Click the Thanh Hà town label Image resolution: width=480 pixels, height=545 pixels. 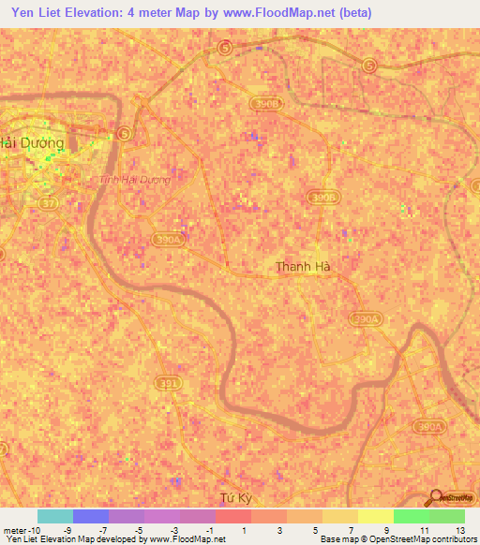coord(303,267)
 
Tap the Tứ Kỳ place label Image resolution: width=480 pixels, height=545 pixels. coord(234,499)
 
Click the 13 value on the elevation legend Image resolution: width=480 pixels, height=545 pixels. coord(460,530)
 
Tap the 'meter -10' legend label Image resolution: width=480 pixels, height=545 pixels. coord(22,530)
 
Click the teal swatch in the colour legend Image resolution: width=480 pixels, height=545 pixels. coord(55,516)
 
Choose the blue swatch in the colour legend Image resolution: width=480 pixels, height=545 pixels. coord(91,516)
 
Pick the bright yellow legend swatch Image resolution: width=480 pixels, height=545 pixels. coord(375,516)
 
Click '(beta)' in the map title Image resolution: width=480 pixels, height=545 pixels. coord(355,13)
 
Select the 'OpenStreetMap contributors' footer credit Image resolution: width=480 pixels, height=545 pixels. coord(426,540)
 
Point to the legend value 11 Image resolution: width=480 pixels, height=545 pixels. coord(425,530)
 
